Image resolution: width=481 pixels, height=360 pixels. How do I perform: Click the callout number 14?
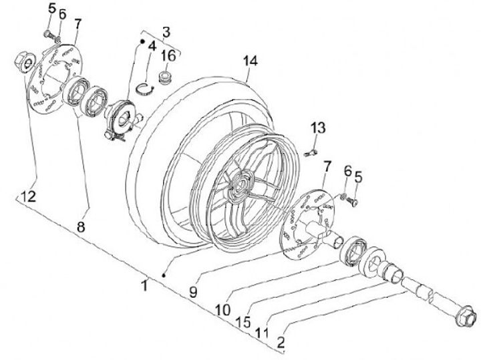(251, 61)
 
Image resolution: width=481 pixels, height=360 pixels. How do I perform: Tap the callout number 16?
(168, 56)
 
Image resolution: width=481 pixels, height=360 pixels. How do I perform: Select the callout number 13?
(318, 128)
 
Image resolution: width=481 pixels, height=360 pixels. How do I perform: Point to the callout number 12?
(29, 196)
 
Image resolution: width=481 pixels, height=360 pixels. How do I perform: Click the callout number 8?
(80, 227)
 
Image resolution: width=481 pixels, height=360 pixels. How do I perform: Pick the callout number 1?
(144, 285)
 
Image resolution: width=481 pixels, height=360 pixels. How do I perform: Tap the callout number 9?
(193, 292)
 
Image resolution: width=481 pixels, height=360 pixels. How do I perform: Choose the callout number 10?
(223, 310)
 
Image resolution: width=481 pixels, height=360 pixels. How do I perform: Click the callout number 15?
(243, 322)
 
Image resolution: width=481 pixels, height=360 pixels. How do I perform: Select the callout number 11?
(261, 333)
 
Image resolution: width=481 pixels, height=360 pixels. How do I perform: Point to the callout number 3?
(166, 32)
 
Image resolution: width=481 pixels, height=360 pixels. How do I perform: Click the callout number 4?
(152, 46)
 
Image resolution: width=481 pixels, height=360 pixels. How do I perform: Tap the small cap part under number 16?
(166, 77)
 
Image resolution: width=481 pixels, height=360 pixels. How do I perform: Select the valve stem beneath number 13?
(311, 152)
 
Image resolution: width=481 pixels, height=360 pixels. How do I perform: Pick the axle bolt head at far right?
(466, 316)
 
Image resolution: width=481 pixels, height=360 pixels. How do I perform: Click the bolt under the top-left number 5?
(49, 35)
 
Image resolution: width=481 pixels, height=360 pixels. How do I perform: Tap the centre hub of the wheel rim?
(241, 184)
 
